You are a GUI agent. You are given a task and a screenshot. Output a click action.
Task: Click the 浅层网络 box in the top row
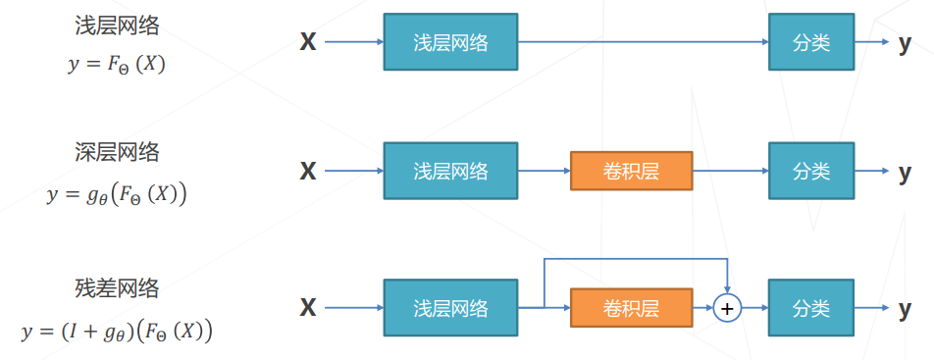[450, 42]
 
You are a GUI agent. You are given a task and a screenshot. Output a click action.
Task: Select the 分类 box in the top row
[810, 42]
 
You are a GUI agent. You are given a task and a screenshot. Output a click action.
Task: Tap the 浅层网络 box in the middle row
[450, 172]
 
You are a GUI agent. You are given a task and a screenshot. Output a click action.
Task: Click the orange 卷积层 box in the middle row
[631, 172]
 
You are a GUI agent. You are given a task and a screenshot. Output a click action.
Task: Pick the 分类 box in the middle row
[810, 172]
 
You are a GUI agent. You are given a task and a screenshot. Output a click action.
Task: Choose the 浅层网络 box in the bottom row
[450, 308]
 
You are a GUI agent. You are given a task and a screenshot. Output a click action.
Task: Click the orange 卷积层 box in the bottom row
[631, 308]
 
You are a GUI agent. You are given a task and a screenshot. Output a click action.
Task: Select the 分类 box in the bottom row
[810, 308]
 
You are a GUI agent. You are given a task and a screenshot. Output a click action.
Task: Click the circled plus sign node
[726, 308]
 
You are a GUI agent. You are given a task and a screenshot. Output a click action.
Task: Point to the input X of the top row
[308, 42]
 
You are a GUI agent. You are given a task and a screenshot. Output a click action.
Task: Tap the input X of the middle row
[308, 172]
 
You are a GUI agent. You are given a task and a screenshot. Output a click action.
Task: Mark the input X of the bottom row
[308, 308]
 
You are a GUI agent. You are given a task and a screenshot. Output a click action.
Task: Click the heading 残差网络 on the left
[117, 288]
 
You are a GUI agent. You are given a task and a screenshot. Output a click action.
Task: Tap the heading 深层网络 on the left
[117, 152]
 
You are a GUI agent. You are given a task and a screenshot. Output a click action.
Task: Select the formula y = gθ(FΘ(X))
[117, 193]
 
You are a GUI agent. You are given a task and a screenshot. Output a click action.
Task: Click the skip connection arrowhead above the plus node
[726, 288]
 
